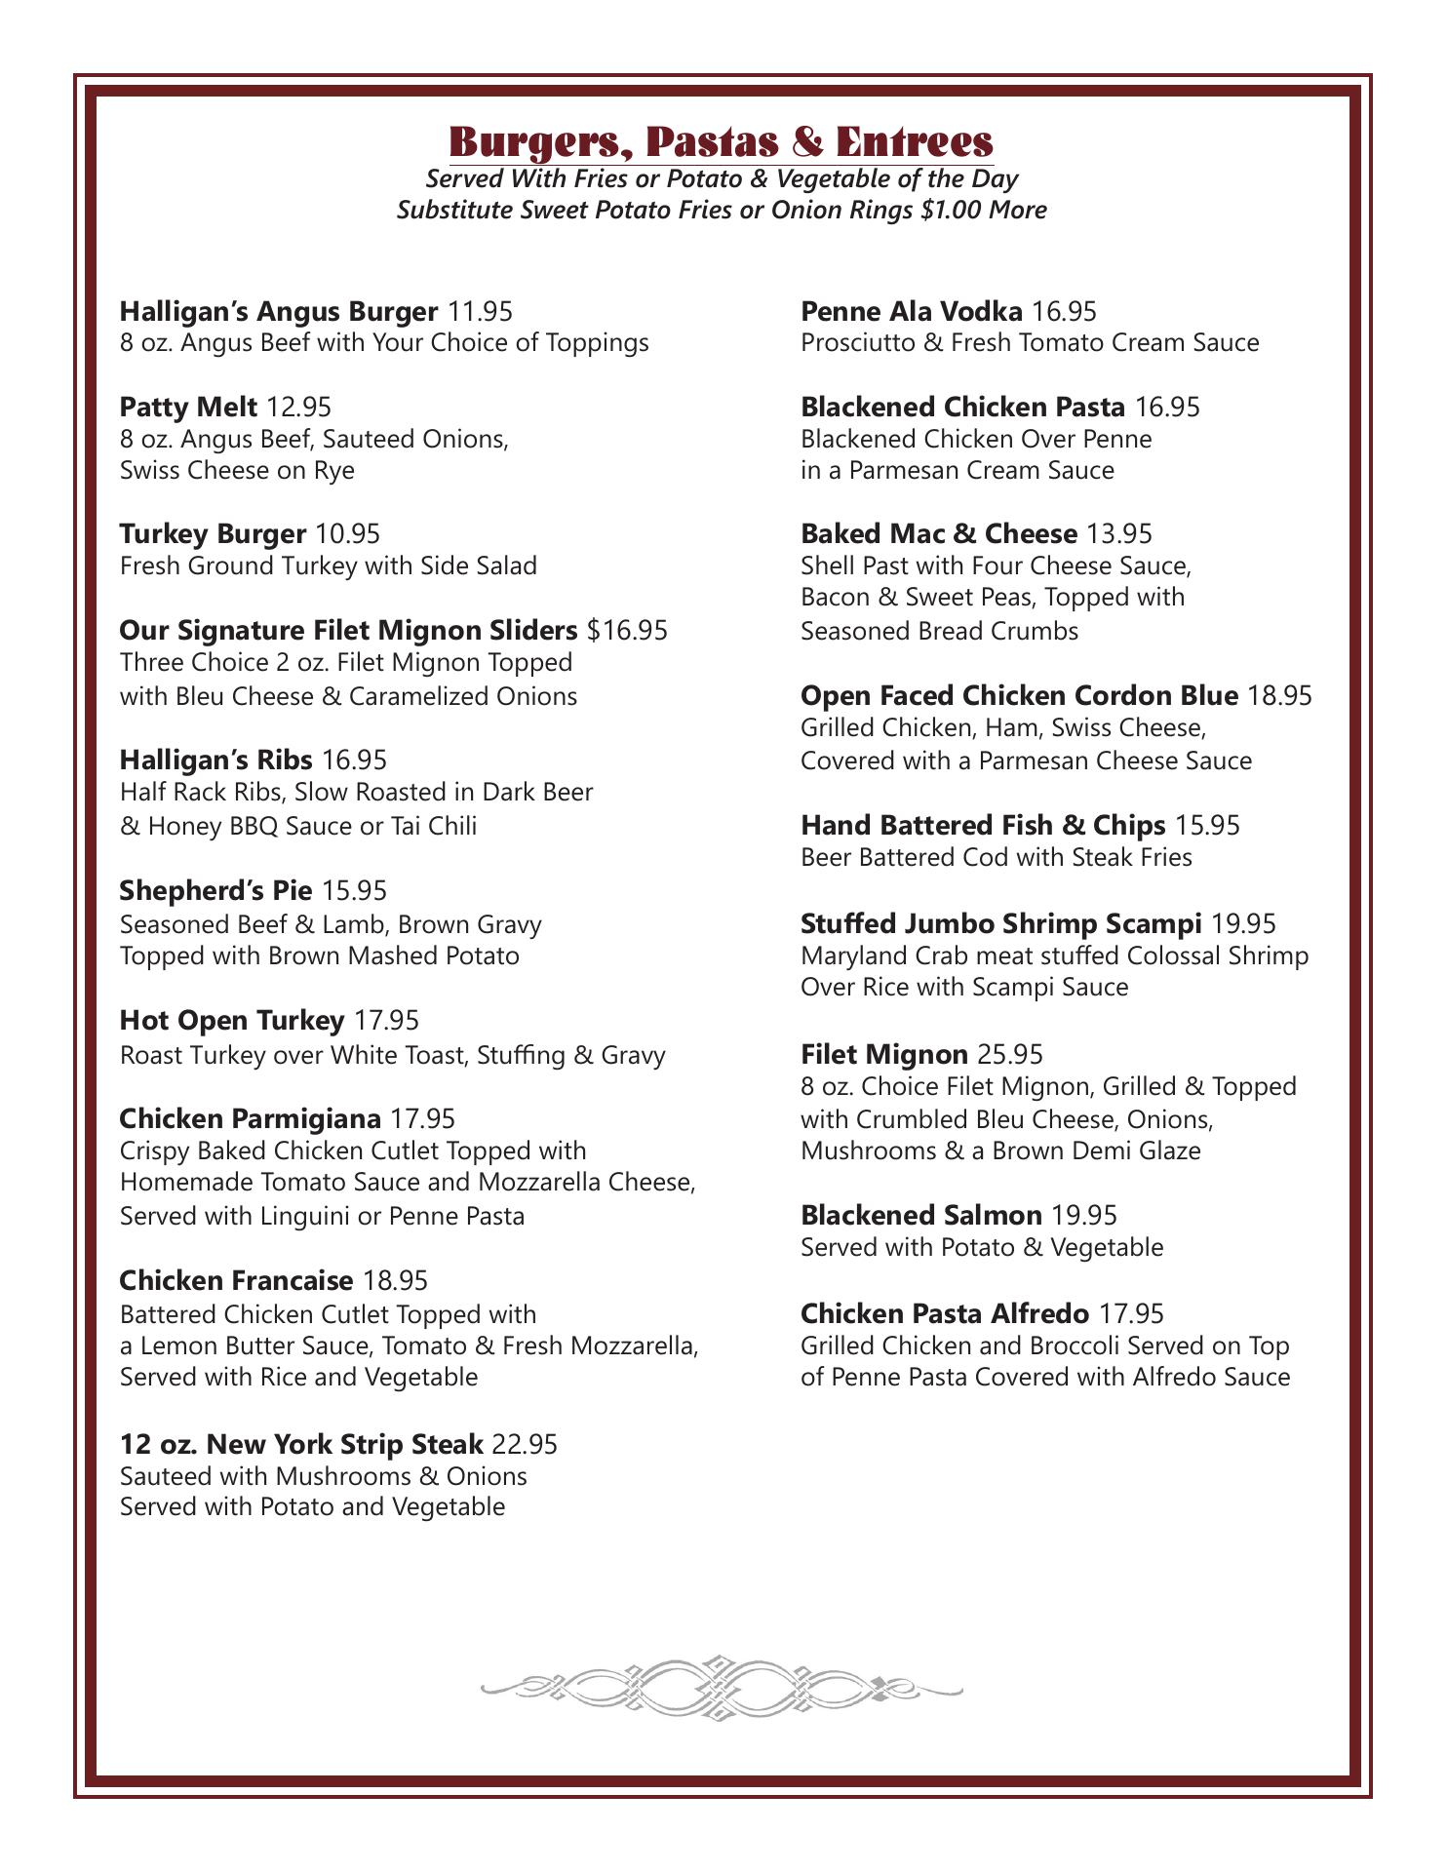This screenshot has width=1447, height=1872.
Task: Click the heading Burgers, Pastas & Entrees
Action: pyautogui.click(x=722, y=141)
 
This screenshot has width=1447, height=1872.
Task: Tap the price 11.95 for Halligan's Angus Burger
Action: pyautogui.click(x=480, y=311)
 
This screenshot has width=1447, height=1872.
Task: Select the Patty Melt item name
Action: pyautogui.click(x=188, y=406)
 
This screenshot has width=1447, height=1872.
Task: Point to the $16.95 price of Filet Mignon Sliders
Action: pyautogui.click(x=628, y=630)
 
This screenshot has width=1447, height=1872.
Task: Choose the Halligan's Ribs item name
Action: pyautogui.click(x=215, y=759)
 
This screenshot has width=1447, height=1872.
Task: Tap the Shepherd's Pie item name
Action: pyautogui.click(x=215, y=890)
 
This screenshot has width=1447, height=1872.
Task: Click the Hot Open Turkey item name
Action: pyautogui.click(x=232, y=1020)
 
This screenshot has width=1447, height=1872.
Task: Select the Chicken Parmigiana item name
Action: pyautogui.click(x=250, y=1117)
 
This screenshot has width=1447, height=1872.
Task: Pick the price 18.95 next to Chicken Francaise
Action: pyautogui.click(x=395, y=1279)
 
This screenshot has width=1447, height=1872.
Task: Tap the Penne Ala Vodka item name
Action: pyautogui.click(x=912, y=311)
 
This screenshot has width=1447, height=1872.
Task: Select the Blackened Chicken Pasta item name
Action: pyautogui.click(x=962, y=406)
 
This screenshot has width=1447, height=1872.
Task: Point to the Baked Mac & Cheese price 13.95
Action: pyautogui.click(x=1119, y=533)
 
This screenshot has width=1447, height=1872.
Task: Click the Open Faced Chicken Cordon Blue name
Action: pyautogui.click(x=1019, y=695)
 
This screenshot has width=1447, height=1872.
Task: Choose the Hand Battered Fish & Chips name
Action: pyautogui.click(x=983, y=825)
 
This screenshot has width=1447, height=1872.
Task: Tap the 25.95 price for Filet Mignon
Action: pyautogui.click(x=1010, y=1054)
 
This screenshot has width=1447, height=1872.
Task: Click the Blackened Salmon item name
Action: pyautogui.click(x=921, y=1215)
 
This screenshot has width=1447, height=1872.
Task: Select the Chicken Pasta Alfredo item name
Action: pyautogui.click(x=945, y=1313)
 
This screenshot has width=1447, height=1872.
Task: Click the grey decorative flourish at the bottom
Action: pyautogui.click(x=722, y=1688)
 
